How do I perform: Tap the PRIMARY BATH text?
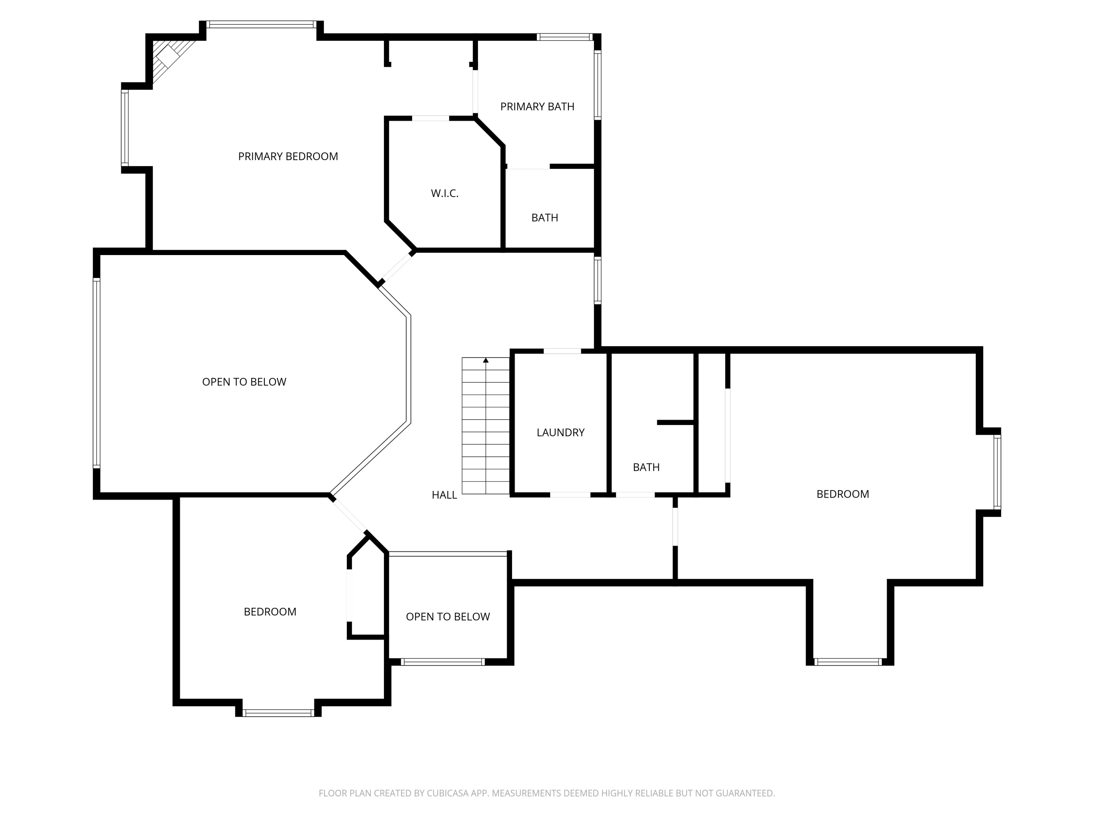click(x=537, y=107)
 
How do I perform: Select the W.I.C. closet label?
click(x=445, y=193)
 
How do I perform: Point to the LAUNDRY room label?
click(x=560, y=432)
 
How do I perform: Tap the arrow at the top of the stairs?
click(x=486, y=360)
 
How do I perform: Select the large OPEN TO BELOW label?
click(x=244, y=382)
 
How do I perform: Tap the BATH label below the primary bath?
click(x=544, y=218)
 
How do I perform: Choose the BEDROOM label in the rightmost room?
click(x=843, y=494)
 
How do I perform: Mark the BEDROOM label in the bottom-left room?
click(x=270, y=612)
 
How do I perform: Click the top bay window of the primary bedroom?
click(x=261, y=24)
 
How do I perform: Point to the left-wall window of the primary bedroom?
click(x=125, y=128)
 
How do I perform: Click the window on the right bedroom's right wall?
click(x=998, y=472)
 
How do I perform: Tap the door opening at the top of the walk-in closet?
click(x=430, y=118)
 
